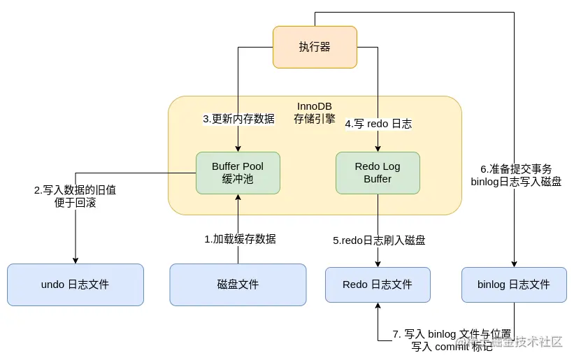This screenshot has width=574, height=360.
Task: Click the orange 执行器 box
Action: [315, 47]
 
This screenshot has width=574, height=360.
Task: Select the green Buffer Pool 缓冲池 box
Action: [238, 173]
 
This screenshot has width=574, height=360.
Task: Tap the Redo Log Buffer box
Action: [378, 173]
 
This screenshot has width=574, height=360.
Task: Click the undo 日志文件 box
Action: [75, 285]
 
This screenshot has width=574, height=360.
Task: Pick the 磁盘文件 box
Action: [238, 285]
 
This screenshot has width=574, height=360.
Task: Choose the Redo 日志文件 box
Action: [378, 285]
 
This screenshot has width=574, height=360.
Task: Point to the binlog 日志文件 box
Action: [514, 285]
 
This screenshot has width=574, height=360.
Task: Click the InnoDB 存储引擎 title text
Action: [314, 113]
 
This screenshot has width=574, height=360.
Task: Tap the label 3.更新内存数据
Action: [238, 119]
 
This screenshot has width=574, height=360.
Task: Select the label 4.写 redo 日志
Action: [378, 124]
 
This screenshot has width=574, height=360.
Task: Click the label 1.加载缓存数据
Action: [240, 239]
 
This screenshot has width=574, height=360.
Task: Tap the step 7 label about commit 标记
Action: [452, 340]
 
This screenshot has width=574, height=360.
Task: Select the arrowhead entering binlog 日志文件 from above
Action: [514, 263]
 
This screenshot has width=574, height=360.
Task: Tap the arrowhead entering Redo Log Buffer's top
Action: [378, 148]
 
